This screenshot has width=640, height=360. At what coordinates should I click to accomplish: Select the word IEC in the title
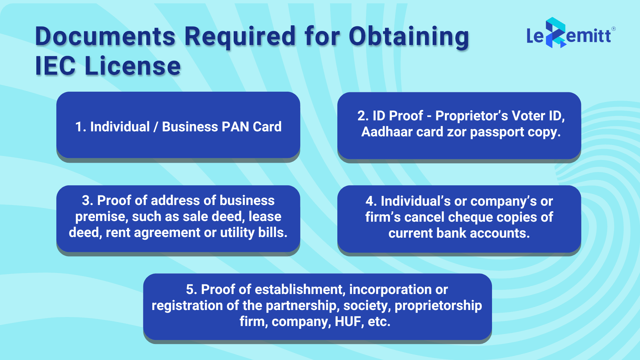coord(55,66)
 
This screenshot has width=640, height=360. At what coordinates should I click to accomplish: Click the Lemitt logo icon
coord(555,33)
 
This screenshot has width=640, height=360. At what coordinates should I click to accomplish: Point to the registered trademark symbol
coord(614,29)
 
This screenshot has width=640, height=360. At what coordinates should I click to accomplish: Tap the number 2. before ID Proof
coord(363,116)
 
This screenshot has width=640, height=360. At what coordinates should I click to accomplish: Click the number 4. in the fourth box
coord(371,201)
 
